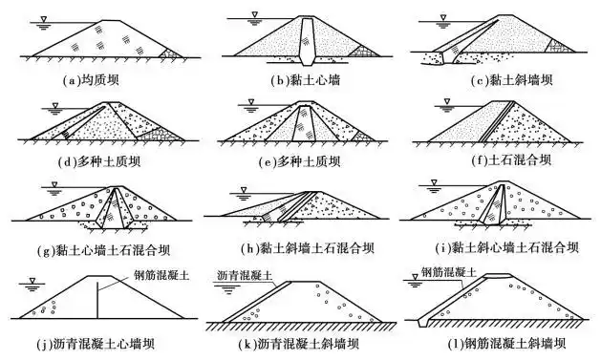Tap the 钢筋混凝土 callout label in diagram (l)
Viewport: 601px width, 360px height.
coord(450,272)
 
